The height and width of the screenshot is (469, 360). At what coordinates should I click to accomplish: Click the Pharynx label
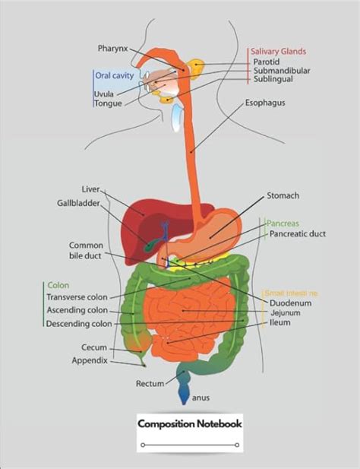pos(113,48)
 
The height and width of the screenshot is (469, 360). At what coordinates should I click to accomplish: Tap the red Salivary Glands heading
pos(278,51)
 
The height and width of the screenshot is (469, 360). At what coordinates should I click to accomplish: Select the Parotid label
pos(267,62)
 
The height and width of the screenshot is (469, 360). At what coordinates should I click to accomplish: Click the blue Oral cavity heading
pos(114,74)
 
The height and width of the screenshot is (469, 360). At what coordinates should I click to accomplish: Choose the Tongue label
pos(107,103)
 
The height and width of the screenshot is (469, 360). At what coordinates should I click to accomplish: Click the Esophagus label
pos(265,102)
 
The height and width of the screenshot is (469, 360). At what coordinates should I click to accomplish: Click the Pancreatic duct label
pos(298,234)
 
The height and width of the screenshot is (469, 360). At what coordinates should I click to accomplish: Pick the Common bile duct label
pos(85,251)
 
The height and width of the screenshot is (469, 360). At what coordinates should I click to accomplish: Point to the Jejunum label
pos(285,312)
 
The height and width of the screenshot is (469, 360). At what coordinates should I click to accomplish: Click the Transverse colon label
pos(77,297)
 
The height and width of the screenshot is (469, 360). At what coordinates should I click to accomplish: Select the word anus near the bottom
pos(201,396)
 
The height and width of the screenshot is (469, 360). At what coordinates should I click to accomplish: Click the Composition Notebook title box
pos(190,424)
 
